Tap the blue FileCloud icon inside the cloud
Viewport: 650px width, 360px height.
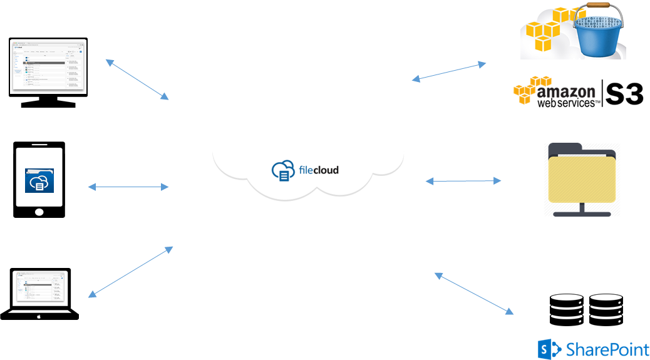[x=282, y=171]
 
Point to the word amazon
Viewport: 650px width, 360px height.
[x=566, y=92]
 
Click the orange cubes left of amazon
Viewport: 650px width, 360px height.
[x=529, y=90]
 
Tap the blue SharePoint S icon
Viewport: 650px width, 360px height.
[x=549, y=349]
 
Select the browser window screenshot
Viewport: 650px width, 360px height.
[x=48, y=66]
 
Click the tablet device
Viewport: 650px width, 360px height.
[x=39, y=177]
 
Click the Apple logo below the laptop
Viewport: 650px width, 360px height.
[x=39, y=316]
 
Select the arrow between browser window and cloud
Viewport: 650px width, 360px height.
[x=137, y=80]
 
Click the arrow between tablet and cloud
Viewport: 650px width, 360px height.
[x=128, y=187]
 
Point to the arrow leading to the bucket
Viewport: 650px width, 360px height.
[x=449, y=71]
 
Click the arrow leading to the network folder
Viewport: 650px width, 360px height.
[x=463, y=181]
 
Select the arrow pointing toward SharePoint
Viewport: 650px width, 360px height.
[x=473, y=293]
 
